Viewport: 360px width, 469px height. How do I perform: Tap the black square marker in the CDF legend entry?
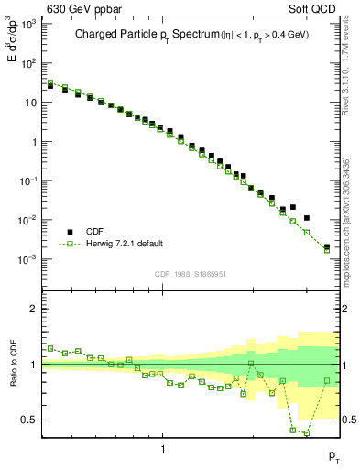[69, 232]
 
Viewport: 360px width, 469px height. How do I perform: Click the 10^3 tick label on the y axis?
[28, 25]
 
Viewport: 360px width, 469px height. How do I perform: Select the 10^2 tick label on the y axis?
[28, 64]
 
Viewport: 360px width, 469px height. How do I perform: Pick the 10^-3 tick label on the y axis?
[28, 259]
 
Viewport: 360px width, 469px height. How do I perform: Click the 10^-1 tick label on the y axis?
[28, 181]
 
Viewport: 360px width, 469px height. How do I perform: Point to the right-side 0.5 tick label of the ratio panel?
[347, 420]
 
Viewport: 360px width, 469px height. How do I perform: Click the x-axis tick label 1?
[163, 449]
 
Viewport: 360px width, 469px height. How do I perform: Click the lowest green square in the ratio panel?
[306, 432]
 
